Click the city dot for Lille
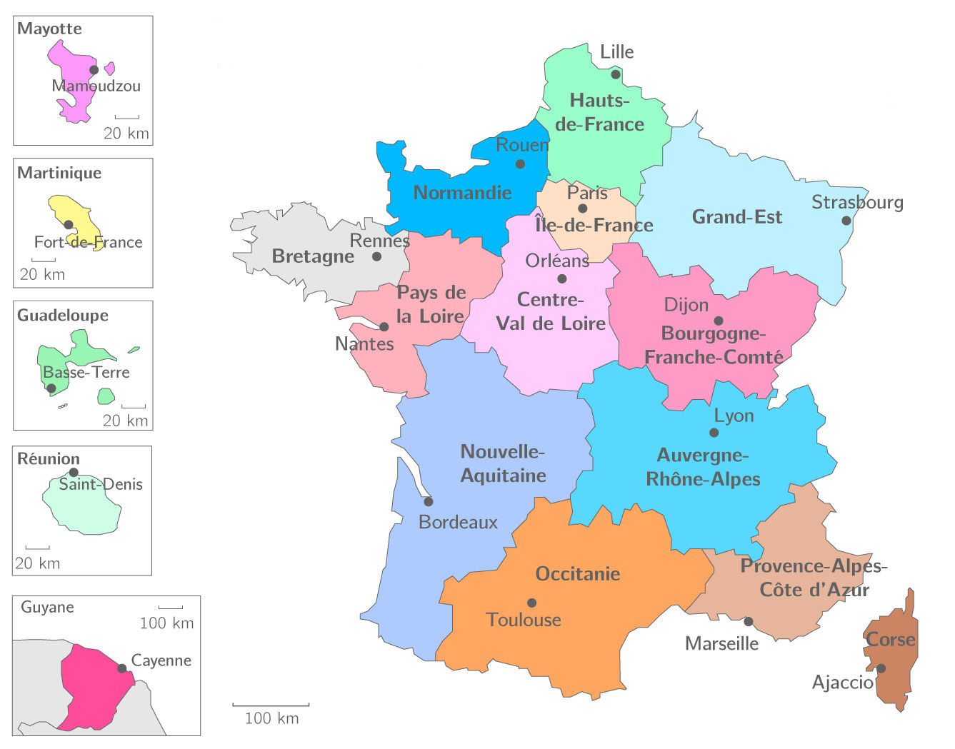[x=616, y=74]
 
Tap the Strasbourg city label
[x=857, y=203]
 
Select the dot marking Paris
[x=583, y=208]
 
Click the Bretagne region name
[x=313, y=256]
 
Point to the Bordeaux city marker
[x=429, y=501]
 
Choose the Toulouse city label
[x=524, y=620]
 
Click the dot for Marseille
[x=749, y=621]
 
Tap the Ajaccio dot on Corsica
[x=881, y=668]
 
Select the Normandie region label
[x=462, y=193]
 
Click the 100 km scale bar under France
[x=271, y=705]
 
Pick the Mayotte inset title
[x=49, y=29]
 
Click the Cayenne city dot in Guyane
[x=122, y=668]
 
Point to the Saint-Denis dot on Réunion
[x=74, y=472]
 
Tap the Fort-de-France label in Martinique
[x=88, y=242]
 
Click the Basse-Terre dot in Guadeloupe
[x=51, y=388]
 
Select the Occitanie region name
[x=577, y=573]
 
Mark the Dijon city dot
[x=719, y=321]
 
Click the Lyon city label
[x=734, y=416]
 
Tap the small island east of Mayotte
[x=110, y=69]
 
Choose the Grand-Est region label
[x=736, y=217]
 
